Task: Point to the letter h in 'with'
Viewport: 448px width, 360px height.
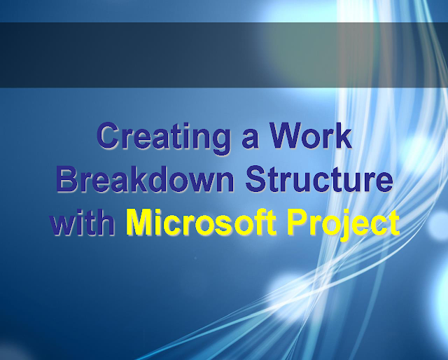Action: coord(107,223)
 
